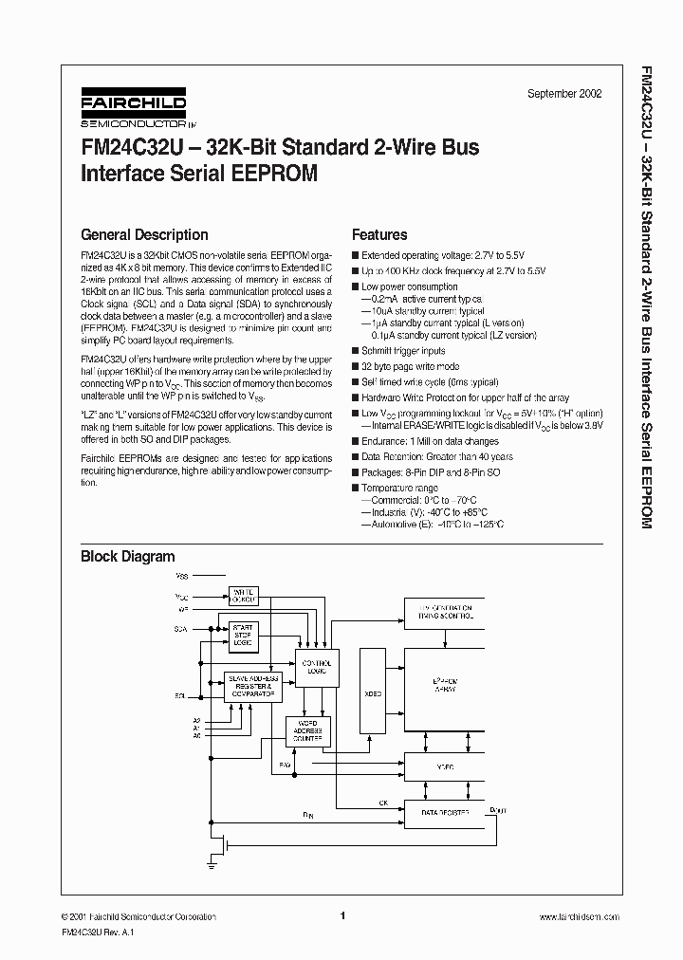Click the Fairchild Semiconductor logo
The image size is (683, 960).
click(133, 109)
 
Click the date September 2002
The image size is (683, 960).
click(563, 94)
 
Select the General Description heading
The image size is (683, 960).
click(144, 235)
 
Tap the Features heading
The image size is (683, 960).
click(379, 235)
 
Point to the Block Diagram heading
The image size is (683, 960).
click(127, 557)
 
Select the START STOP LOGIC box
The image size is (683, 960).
click(244, 636)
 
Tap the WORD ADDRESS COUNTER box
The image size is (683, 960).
click(306, 730)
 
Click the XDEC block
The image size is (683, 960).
click(373, 693)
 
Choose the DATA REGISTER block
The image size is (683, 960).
click(444, 813)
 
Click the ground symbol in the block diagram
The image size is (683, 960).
click(210, 862)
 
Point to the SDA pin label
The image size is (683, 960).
click(180, 628)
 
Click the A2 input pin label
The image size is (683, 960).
click(195, 720)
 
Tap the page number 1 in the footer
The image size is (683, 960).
click(341, 915)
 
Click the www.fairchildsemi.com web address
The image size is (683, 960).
click(579, 916)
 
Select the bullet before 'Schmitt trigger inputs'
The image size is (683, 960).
click(355, 351)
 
